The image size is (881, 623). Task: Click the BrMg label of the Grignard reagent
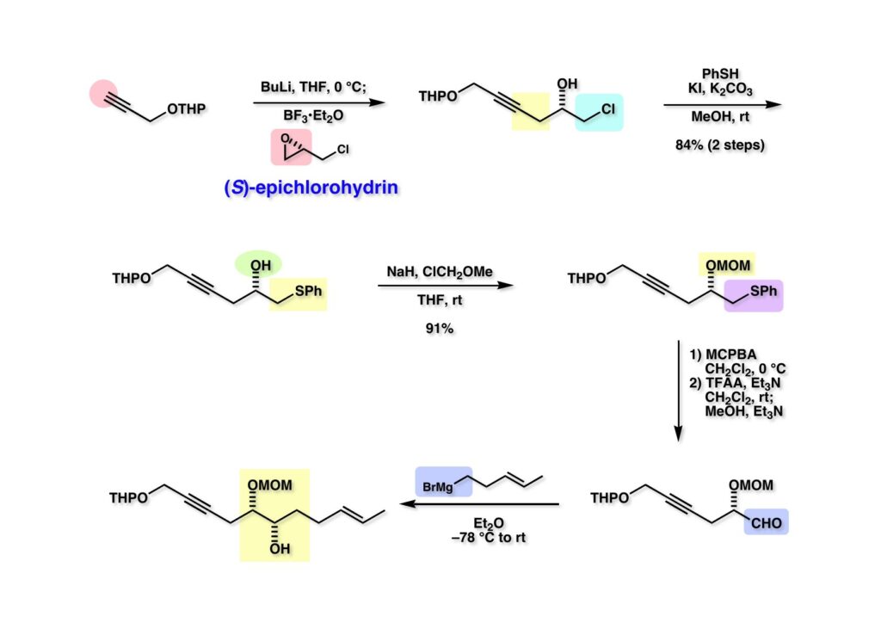(441, 485)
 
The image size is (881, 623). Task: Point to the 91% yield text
(439, 327)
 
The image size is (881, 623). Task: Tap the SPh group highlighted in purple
(761, 294)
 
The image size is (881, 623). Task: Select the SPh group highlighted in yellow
(308, 293)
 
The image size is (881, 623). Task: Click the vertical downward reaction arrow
(679, 392)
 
